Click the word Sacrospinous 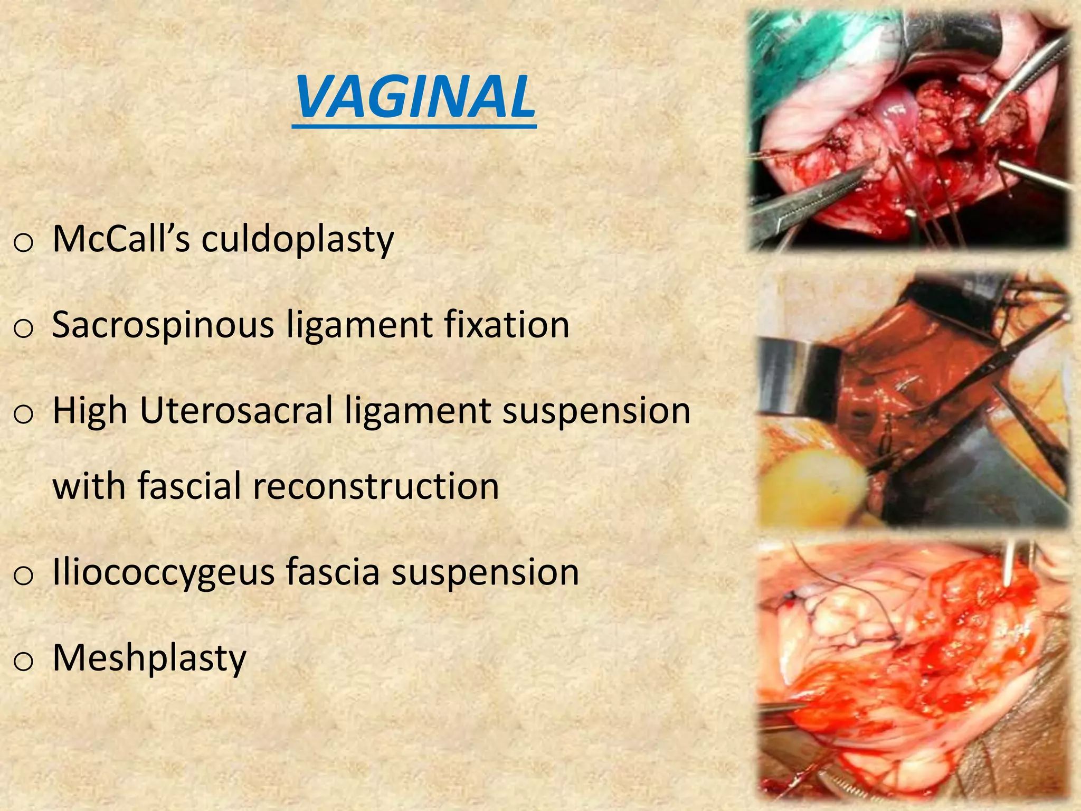163,325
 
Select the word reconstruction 376,486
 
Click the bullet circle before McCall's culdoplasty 23,243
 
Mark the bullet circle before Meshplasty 23,662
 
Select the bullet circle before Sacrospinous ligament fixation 23,329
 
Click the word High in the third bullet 90,411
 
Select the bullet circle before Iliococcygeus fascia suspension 23,576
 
